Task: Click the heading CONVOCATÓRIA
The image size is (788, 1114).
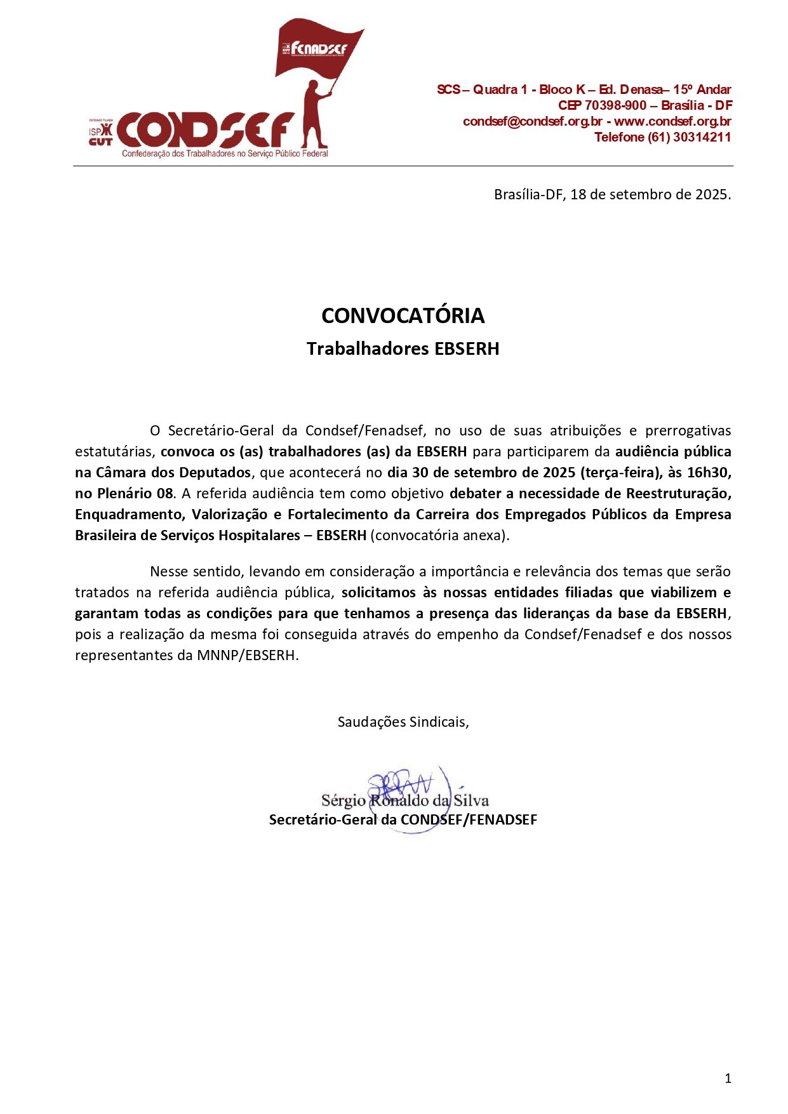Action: (403, 315)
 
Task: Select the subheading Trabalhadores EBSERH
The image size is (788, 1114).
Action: (403, 348)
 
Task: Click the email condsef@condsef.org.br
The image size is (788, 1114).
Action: (532, 121)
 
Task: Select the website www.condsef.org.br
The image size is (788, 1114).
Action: (672, 121)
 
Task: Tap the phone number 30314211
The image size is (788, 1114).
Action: (702, 137)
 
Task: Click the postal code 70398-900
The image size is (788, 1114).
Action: (615, 105)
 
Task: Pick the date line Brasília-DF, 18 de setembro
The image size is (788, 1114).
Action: (612, 194)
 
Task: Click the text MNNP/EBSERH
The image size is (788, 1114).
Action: (247, 655)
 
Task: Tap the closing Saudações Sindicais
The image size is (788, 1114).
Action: (403, 722)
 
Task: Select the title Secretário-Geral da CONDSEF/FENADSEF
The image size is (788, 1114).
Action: (403, 819)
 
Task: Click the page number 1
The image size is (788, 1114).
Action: (728, 1078)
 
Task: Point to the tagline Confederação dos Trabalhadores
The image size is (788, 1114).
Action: (225, 154)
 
